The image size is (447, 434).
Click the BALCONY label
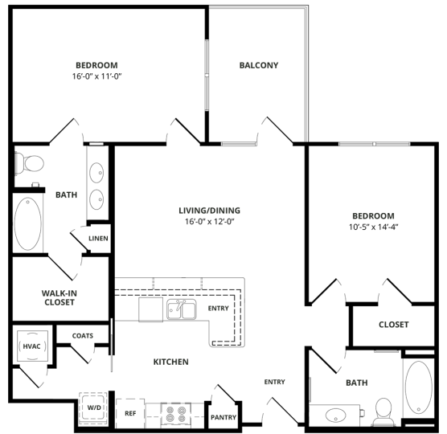(x=259, y=66)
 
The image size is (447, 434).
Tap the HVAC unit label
(x=30, y=346)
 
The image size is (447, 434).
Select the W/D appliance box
(x=94, y=408)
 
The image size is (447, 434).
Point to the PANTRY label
(x=223, y=417)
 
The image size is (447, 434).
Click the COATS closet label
(x=83, y=336)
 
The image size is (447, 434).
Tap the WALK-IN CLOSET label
(x=59, y=297)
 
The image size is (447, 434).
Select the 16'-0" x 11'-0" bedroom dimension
(x=96, y=76)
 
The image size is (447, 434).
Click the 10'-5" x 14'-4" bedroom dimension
(x=373, y=227)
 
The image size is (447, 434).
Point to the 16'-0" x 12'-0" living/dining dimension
(x=209, y=222)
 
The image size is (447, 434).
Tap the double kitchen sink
(x=182, y=309)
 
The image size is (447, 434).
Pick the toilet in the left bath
(x=31, y=163)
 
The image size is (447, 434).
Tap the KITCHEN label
(x=170, y=362)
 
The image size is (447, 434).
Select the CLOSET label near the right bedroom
(x=393, y=325)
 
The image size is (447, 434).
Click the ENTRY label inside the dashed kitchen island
(x=218, y=308)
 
